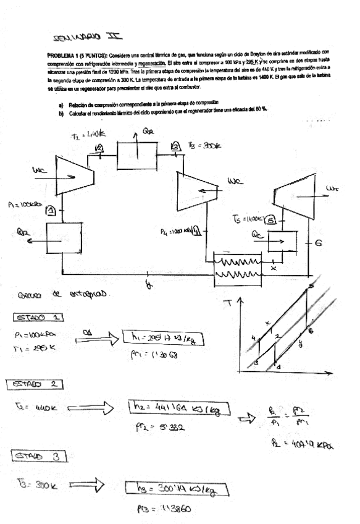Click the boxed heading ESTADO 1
(x=31, y=318)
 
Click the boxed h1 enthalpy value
(x=153, y=338)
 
